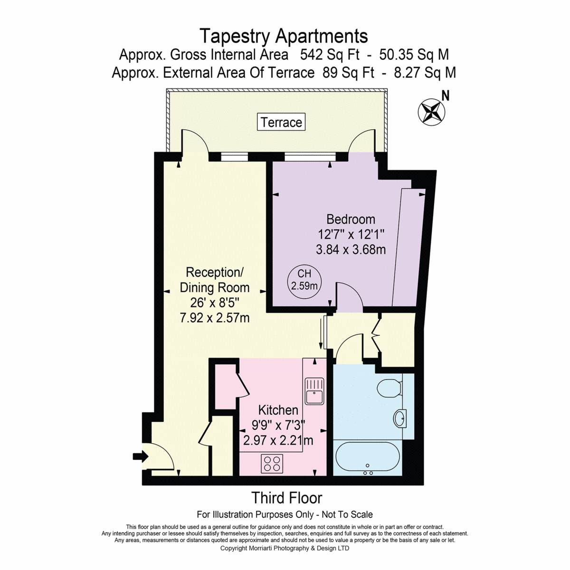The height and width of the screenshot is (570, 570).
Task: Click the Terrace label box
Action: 281,122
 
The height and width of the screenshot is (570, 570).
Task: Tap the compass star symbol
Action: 431,112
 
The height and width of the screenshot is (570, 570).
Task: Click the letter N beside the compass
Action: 445,96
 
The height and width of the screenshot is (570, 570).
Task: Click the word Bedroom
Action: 351,219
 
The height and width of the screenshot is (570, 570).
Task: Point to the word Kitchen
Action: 278,410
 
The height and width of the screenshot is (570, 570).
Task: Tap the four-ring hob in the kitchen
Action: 272,464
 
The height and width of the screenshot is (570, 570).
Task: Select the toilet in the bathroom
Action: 389,388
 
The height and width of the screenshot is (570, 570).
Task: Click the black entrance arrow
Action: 141,456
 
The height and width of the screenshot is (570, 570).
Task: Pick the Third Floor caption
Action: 286,498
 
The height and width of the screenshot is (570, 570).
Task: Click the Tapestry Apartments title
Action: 284,36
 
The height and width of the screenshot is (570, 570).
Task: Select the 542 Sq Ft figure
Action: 330,55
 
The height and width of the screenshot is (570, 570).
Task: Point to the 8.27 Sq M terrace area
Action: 425,73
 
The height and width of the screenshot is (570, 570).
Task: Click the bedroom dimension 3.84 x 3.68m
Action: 351,250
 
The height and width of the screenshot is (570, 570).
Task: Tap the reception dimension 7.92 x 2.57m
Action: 214,318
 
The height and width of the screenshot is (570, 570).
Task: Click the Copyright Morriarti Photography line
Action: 285,548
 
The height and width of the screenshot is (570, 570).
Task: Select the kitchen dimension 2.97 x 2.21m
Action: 278,440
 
